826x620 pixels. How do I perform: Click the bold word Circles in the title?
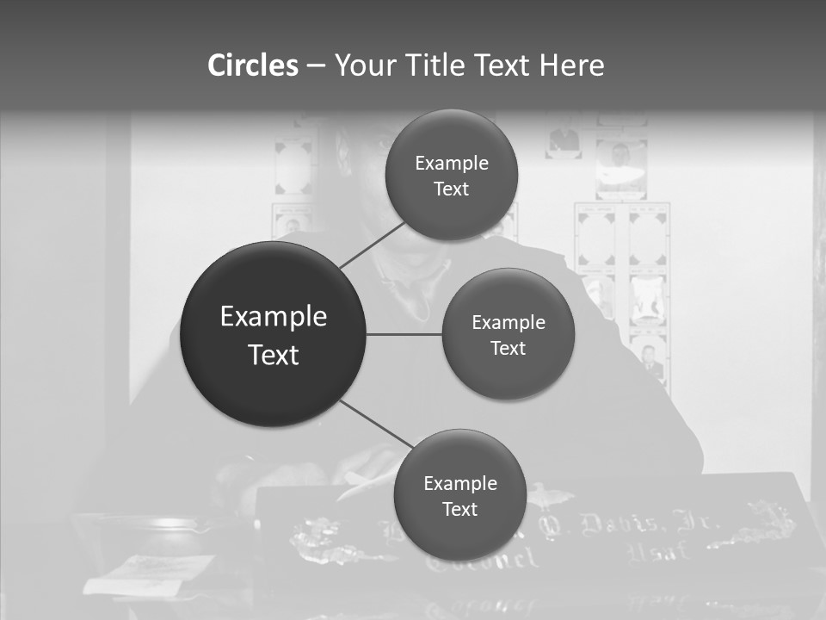click(252, 65)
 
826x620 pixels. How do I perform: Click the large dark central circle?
click(273, 334)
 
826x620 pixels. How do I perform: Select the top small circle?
click(451, 175)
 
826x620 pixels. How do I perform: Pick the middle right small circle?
click(508, 334)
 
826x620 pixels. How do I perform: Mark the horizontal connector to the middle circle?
click(404, 334)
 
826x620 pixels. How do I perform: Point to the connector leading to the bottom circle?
click(377, 425)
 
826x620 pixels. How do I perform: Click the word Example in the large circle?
click(273, 317)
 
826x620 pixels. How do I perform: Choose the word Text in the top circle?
click(451, 189)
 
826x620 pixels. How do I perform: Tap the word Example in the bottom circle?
click(459, 484)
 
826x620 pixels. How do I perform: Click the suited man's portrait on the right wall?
click(650, 358)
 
